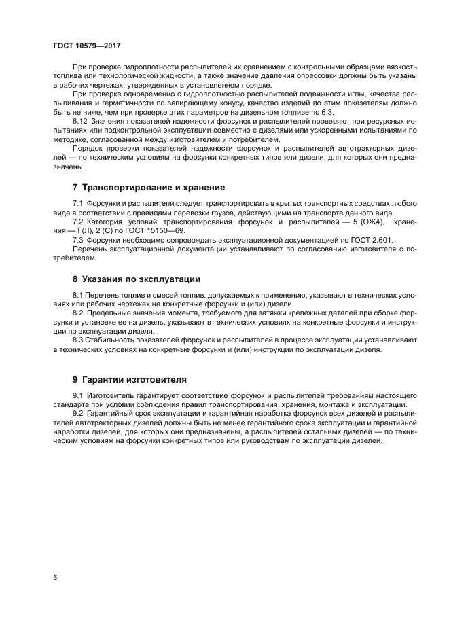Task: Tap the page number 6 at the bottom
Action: pos(54,578)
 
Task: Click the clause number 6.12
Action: pos(81,120)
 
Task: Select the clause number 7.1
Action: pos(77,204)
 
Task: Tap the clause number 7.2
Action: pos(77,222)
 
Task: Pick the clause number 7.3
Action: pos(77,240)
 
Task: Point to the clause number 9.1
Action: pos(77,395)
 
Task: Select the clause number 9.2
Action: pos(77,413)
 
